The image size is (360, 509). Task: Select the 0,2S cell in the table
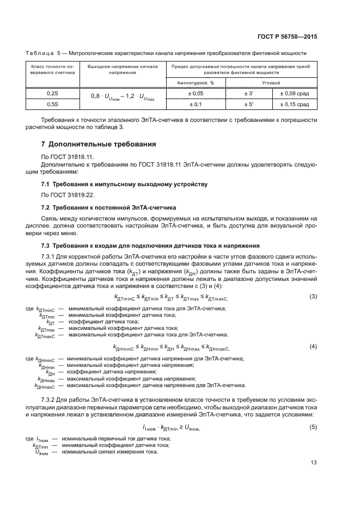(52, 93)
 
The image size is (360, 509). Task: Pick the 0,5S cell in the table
(52, 103)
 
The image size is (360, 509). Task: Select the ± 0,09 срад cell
(295, 93)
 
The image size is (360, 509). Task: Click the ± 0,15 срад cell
(295, 103)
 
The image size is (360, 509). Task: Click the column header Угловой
(271, 83)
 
